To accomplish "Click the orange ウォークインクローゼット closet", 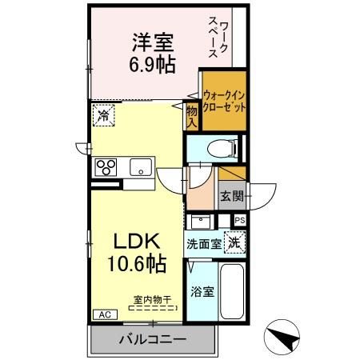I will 223,102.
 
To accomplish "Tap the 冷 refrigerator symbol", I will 102,115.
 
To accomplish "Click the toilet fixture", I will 220,148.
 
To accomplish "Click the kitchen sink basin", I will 141,167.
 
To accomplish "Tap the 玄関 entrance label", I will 230,193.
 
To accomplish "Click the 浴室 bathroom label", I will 202,292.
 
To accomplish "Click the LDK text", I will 135,239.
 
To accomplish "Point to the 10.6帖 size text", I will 135,262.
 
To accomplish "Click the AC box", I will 103,314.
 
